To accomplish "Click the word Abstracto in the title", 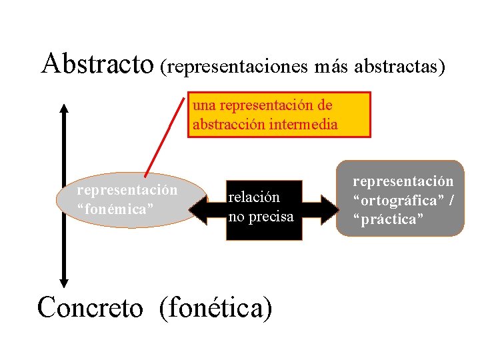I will [x=97, y=63].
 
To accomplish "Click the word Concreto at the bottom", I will [x=90, y=308].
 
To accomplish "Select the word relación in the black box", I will [x=254, y=197].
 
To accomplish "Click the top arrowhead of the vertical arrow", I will [x=64, y=109].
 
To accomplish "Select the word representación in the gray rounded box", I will [x=403, y=181].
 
